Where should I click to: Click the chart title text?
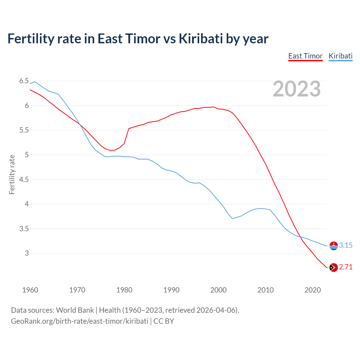click(x=138, y=39)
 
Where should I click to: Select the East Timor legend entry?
click(x=305, y=56)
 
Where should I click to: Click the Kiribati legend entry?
click(x=341, y=56)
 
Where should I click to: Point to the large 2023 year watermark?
click(x=297, y=89)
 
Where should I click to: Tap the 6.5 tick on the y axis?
click(x=24, y=81)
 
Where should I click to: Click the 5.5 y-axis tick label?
click(x=24, y=130)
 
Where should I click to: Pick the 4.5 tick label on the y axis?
click(x=24, y=179)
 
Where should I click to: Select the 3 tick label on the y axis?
click(x=27, y=253)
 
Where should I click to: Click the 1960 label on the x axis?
click(x=30, y=290)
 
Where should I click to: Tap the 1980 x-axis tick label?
click(x=124, y=290)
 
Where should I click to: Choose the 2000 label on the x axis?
click(x=219, y=290)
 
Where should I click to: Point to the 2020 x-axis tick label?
click(x=312, y=290)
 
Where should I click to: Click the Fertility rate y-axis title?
click(x=12, y=174)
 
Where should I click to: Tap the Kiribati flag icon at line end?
click(x=334, y=246)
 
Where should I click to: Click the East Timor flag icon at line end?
click(x=334, y=267)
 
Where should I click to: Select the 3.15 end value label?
click(x=346, y=245)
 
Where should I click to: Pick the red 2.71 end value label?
click(x=346, y=267)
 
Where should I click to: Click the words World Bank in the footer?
click(x=75, y=310)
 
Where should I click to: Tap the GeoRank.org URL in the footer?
click(x=80, y=321)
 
